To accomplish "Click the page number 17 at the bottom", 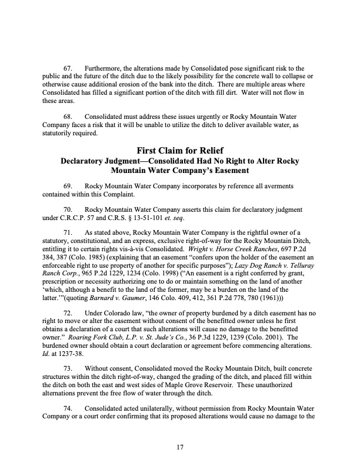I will [181, 431].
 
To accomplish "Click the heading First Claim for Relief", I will [180, 150].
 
